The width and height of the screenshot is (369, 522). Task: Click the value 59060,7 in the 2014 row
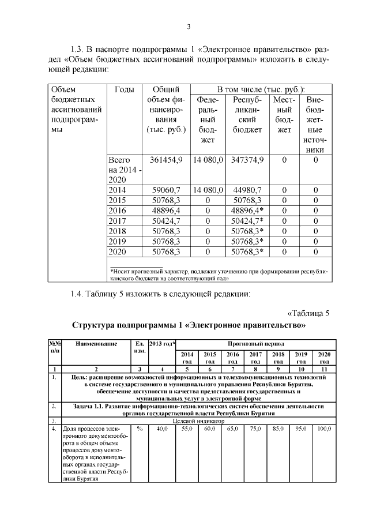click(167, 189)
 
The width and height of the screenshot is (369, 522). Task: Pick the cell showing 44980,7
click(247, 189)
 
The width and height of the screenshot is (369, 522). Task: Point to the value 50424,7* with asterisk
click(247, 220)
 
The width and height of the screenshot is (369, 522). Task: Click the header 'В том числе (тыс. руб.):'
click(261, 90)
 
